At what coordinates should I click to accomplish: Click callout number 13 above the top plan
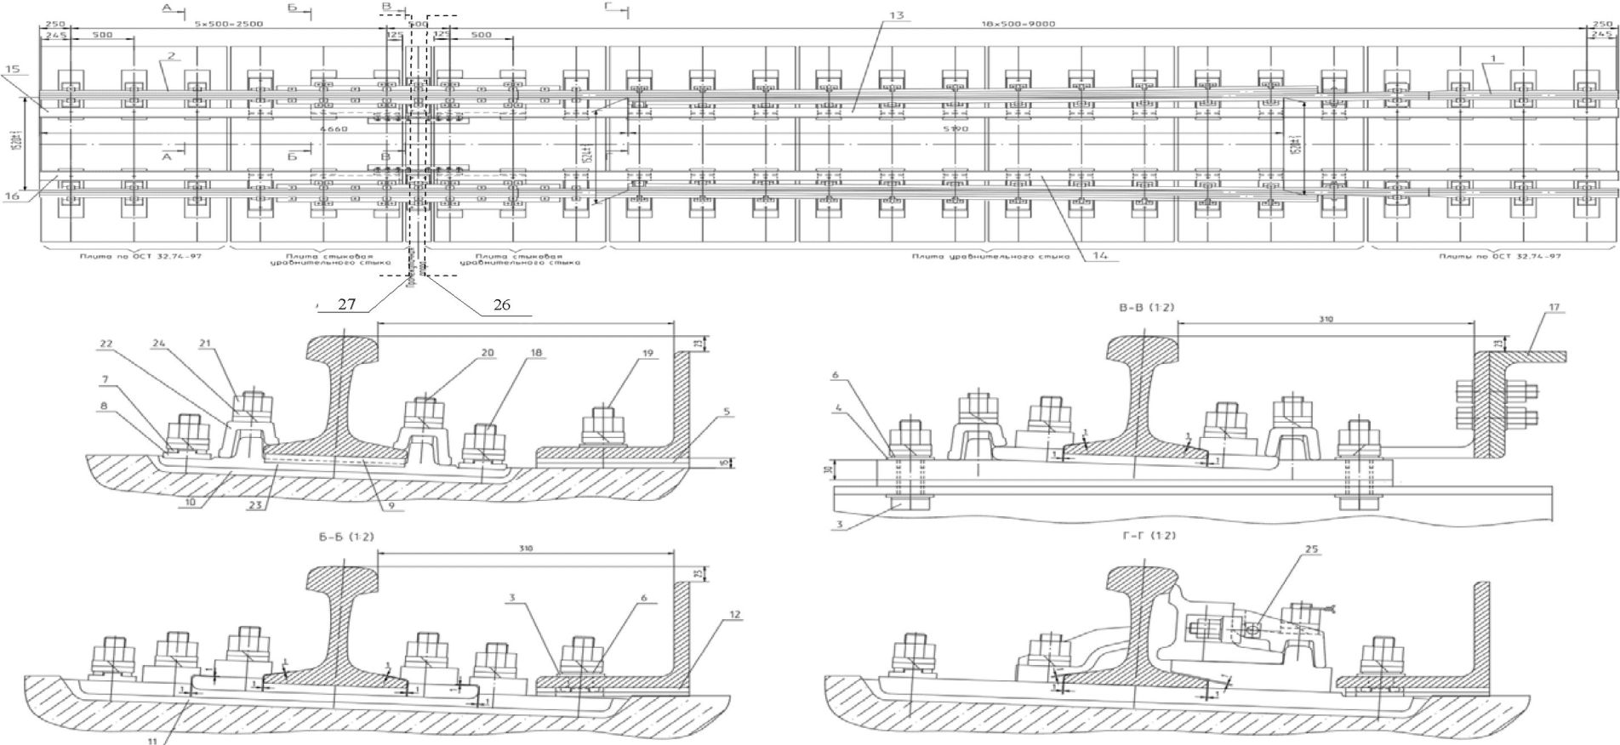tap(900, 15)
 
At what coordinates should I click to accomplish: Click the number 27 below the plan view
tap(346, 304)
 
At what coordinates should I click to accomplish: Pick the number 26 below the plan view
tap(502, 304)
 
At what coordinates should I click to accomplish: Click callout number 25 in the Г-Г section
tap(1311, 573)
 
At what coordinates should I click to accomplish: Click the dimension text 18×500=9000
tap(1029, 24)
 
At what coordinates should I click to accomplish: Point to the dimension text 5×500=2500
tap(217, 24)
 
